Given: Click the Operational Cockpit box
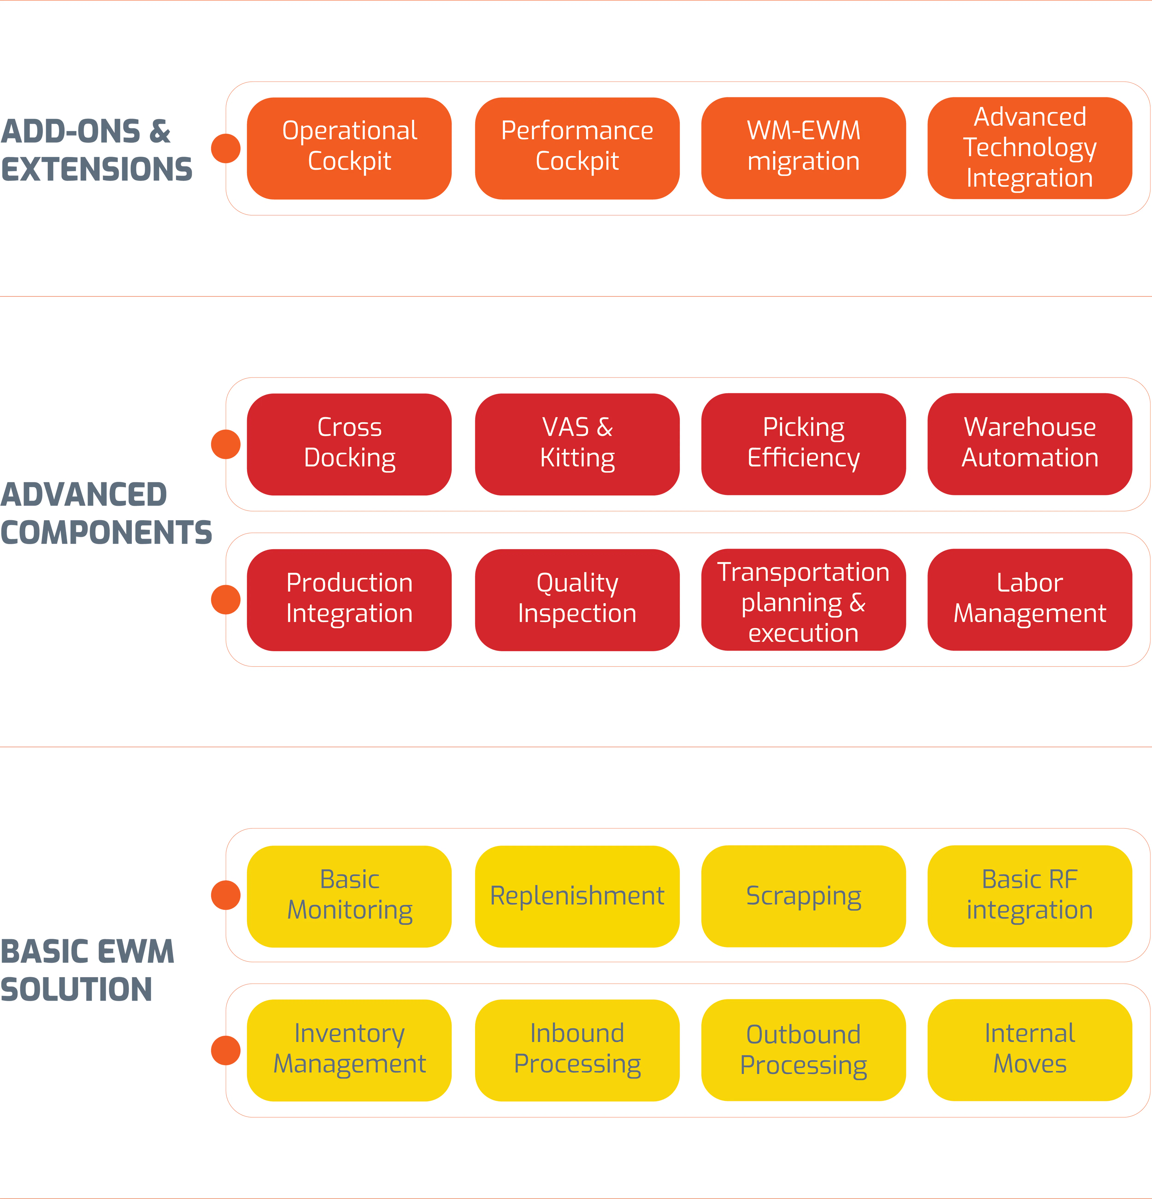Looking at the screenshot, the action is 349,148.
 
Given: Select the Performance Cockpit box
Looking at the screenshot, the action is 577,148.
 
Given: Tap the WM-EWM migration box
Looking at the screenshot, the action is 803,148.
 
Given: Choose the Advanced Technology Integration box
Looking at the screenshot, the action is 1030,148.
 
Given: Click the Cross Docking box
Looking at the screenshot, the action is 349,444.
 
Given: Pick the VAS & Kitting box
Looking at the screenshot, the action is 577,444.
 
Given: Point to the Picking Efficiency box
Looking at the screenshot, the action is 803,444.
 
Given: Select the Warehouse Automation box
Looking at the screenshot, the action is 1030,444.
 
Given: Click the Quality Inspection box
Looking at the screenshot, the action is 577,599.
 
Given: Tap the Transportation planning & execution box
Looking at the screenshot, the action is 803,599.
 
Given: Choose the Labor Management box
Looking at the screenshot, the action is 1030,599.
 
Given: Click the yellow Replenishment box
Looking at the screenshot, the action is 577,896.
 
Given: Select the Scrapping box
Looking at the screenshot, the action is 803,896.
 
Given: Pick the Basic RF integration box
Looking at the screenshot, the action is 1030,896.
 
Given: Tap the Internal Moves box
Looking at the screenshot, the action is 1030,1050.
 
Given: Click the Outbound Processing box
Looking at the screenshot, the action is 803,1050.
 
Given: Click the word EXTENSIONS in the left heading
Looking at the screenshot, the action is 97,169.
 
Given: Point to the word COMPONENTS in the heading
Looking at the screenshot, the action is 106,532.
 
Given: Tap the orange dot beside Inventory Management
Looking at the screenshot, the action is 226,1050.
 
